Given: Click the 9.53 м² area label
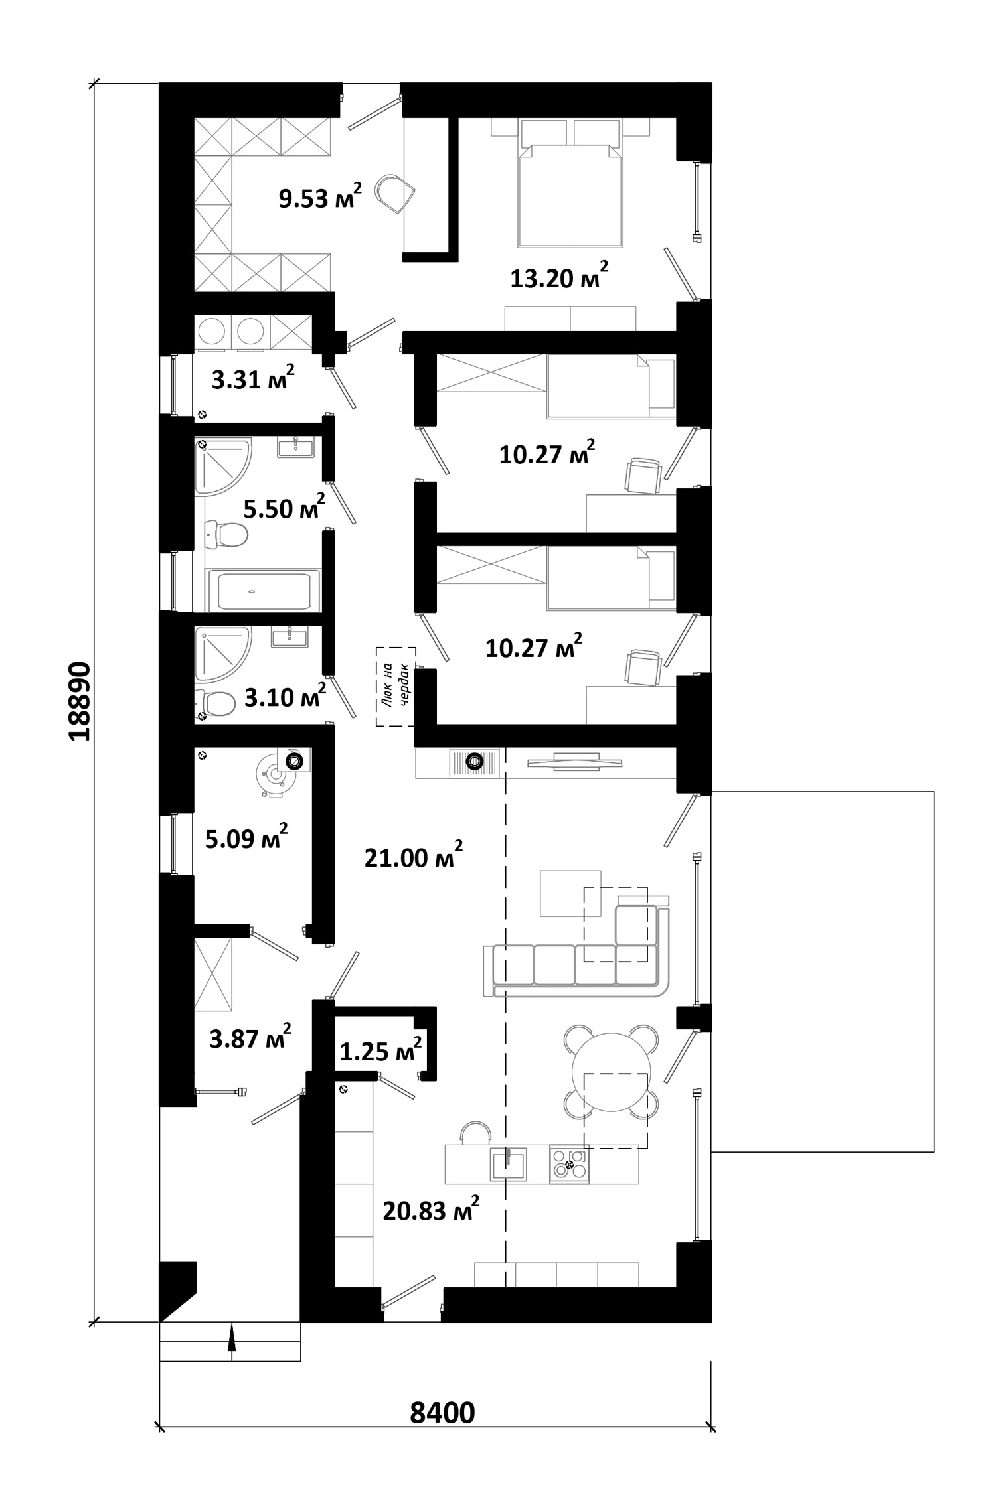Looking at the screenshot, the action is point(320,196).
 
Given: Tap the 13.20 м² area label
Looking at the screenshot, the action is point(559,276).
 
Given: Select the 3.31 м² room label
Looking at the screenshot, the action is point(252,378).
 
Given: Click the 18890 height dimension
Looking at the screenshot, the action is point(78,701).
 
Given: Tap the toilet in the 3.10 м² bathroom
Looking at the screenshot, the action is point(216,703).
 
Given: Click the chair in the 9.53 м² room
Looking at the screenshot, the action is point(395,192).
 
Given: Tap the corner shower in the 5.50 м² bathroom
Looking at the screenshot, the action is point(224,466).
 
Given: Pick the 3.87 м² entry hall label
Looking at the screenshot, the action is point(250,1038).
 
